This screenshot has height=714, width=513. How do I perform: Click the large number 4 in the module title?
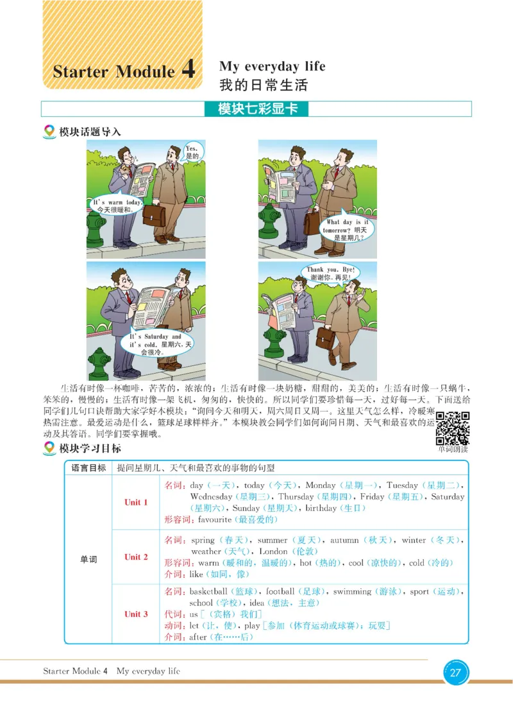(189, 69)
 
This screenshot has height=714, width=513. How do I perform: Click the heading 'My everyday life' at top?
(272, 66)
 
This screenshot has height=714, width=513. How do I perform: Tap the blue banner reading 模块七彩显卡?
(256, 109)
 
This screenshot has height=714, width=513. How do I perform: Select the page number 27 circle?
(455, 673)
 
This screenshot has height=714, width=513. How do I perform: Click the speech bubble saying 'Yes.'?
(193, 152)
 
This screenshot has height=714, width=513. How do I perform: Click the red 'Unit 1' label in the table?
(136, 502)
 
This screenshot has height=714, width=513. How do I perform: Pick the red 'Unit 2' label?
(136, 557)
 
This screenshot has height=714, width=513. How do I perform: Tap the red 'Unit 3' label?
(136, 614)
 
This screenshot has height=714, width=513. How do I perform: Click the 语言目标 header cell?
(88, 468)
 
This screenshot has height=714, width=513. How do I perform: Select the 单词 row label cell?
(88, 559)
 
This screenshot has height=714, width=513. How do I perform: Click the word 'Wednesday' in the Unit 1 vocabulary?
(211, 497)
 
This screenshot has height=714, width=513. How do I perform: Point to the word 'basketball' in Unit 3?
(208, 591)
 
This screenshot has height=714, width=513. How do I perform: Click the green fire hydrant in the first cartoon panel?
(96, 228)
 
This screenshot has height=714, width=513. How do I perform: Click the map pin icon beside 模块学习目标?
(49, 449)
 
